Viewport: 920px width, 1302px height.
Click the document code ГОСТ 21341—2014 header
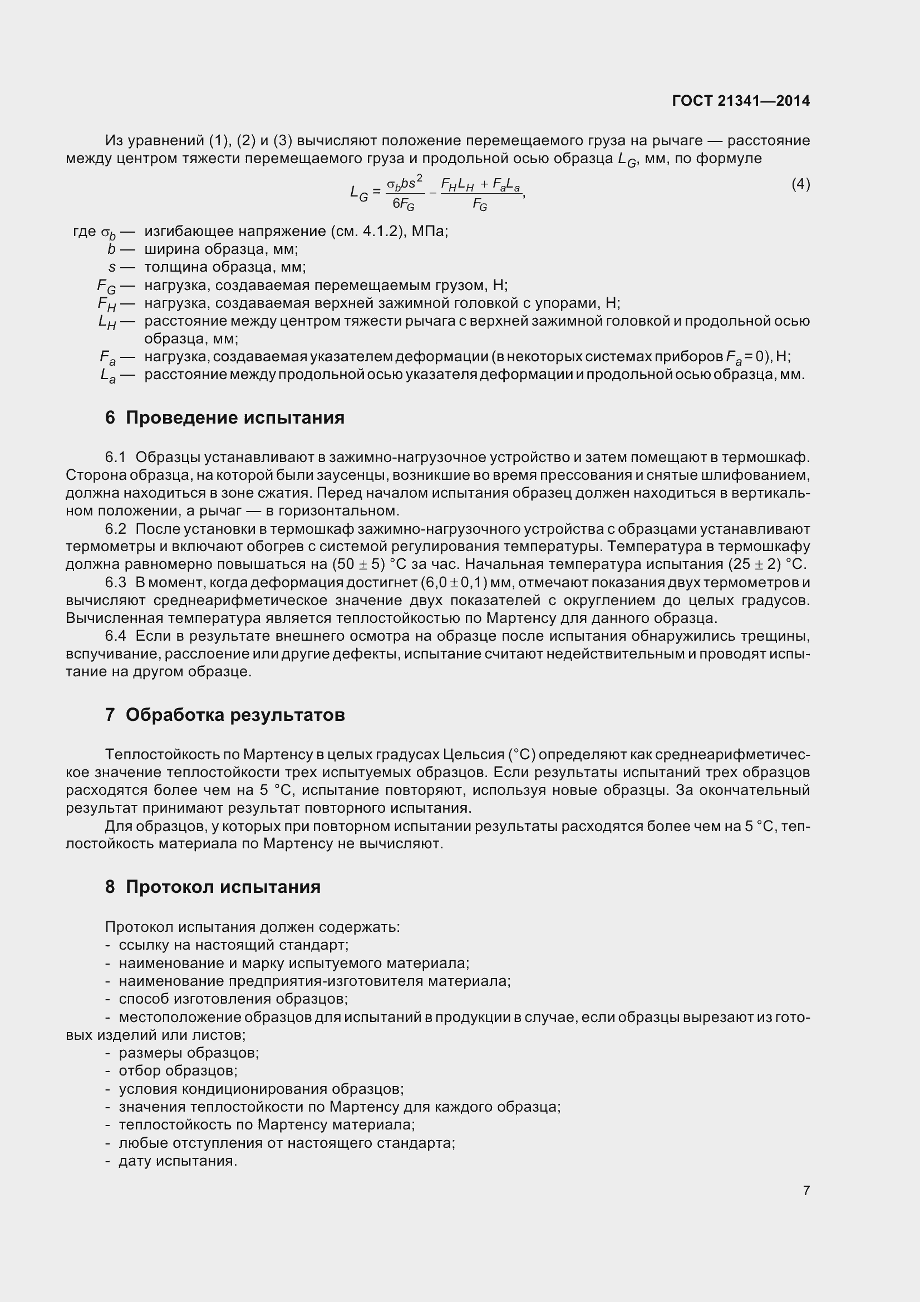740,101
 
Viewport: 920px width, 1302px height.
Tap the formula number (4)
800,184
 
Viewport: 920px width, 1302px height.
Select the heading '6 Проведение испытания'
224,417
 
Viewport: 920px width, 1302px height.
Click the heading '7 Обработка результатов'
224,715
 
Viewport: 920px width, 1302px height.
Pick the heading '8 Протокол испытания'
213,886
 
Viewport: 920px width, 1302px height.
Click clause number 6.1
115,457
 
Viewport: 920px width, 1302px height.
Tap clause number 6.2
115,528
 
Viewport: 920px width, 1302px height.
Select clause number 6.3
115,582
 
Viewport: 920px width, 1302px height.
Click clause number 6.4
115,636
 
